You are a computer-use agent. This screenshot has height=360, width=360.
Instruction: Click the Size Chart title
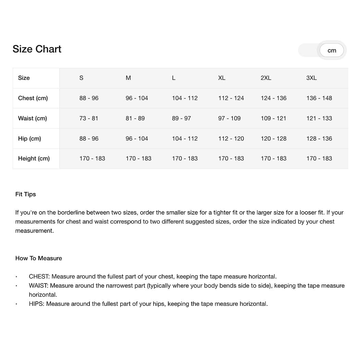37,49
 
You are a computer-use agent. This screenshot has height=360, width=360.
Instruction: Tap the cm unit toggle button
332,50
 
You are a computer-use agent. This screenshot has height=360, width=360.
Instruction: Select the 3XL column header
311,78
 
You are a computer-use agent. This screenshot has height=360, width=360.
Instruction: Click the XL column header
222,78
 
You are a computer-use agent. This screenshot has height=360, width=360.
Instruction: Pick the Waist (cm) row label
33,118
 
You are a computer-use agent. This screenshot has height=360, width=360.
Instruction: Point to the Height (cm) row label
34,158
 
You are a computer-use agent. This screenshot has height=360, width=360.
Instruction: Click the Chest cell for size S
89,98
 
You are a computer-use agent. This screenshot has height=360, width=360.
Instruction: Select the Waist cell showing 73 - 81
88,118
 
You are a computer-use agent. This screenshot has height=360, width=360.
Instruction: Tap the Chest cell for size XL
231,98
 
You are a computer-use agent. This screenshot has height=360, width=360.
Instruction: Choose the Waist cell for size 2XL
273,118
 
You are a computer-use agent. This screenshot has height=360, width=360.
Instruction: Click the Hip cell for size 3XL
319,139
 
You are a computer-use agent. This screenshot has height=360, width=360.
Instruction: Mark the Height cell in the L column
185,158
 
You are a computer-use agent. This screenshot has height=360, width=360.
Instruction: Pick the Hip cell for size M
137,139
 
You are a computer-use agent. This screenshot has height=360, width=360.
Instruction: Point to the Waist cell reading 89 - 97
181,118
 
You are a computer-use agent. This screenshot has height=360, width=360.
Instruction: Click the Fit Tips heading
26,194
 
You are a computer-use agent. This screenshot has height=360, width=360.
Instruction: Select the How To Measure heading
39,258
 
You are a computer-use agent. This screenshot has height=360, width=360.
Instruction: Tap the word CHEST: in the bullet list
39,276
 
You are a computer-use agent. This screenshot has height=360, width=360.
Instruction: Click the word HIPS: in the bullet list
37,304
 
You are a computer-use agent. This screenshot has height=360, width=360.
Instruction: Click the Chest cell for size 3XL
319,98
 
